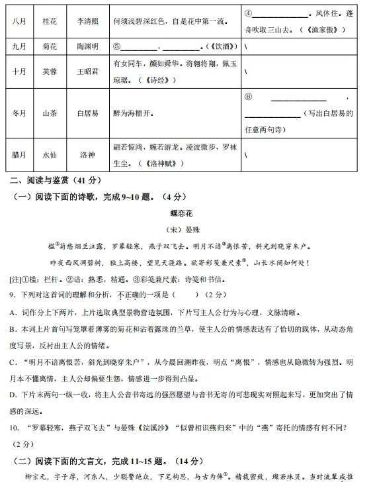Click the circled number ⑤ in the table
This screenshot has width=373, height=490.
point(116,47)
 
